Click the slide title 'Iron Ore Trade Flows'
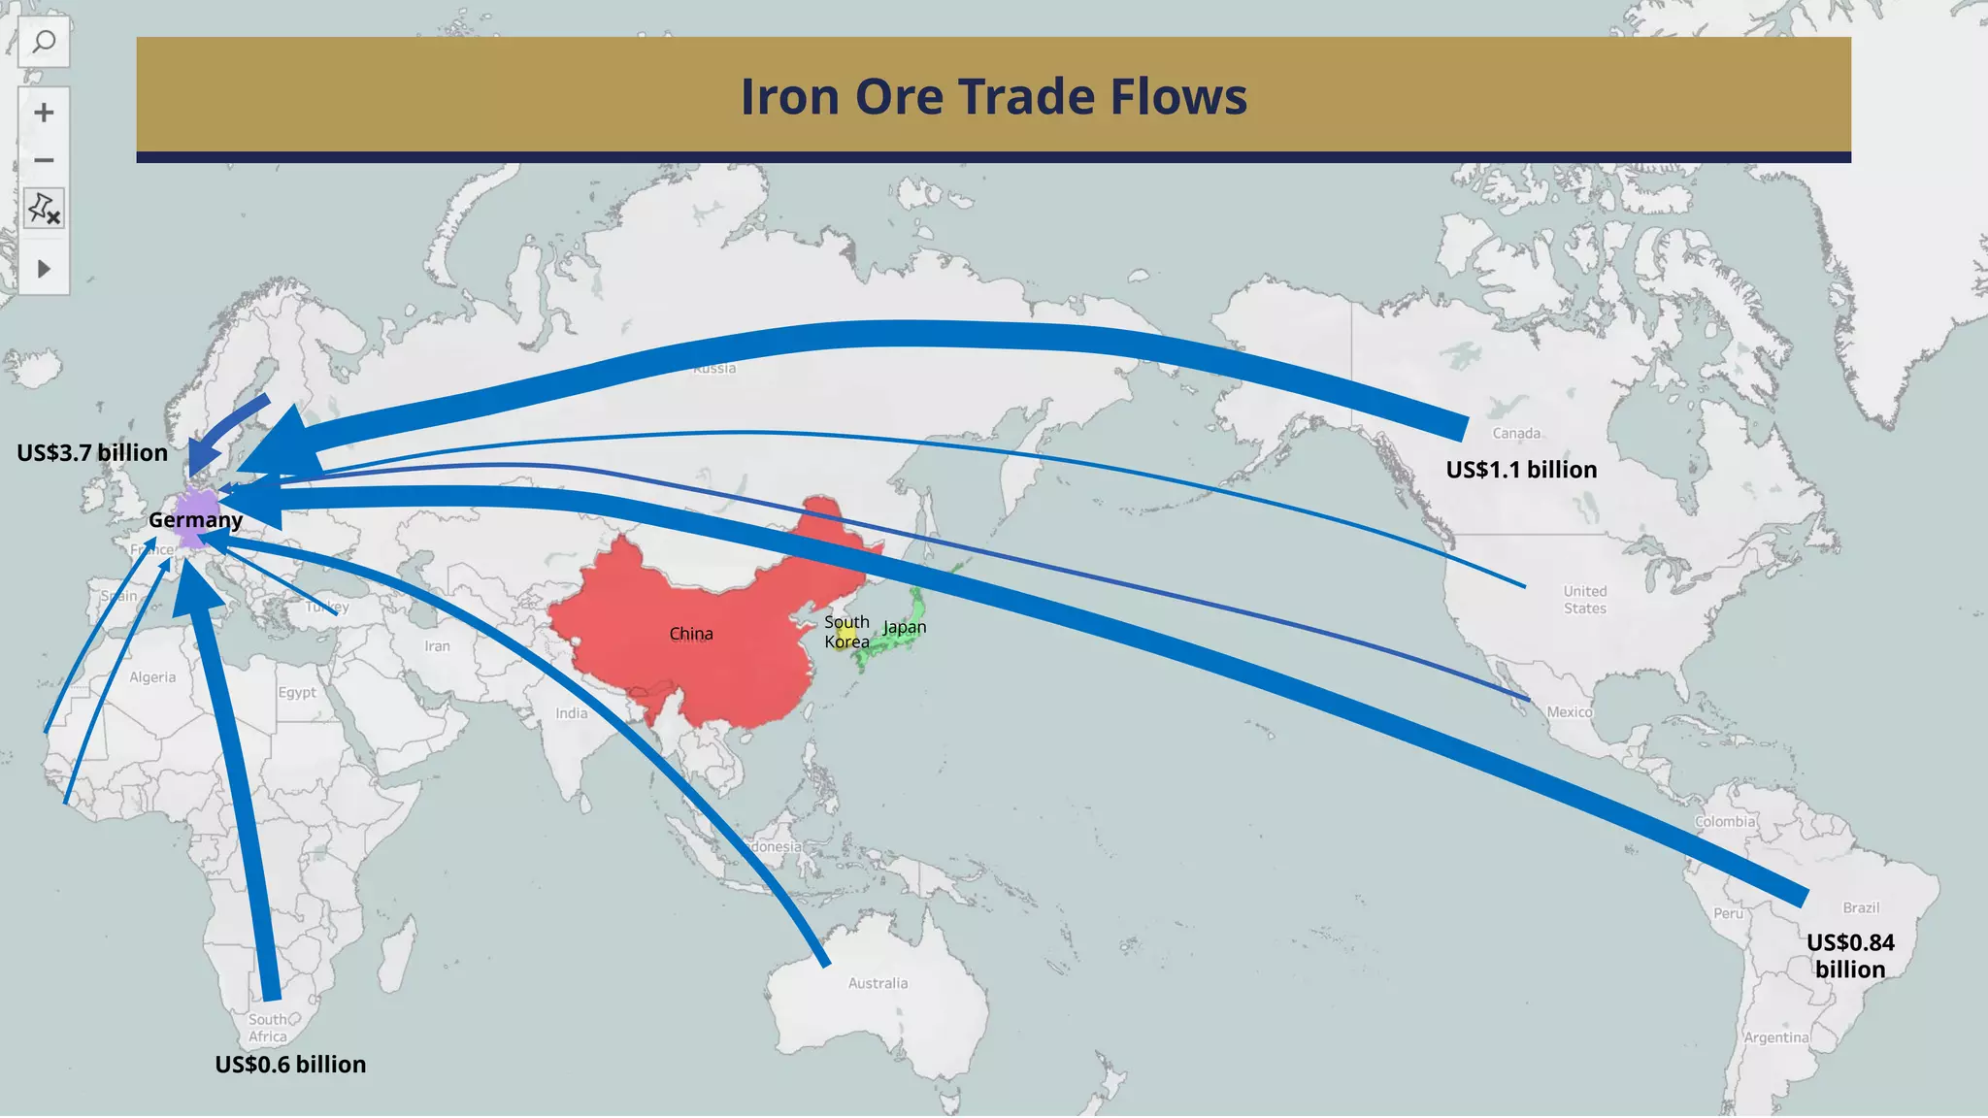coord(993,97)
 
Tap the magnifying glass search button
coord(44,43)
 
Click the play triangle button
coord(44,269)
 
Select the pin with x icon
coord(44,208)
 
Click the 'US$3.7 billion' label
coord(92,453)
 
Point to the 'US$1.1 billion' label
coord(1521,470)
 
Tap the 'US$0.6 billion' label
coord(290,1065)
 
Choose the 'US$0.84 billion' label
coord(1850,956)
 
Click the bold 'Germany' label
coord(195,520)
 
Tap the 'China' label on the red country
coord(691,634)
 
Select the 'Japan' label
coord(904,628)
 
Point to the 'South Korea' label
coord(846,632)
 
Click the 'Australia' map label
coord(878,983)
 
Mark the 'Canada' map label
coord(1516,433)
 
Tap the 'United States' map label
coord(1585,600)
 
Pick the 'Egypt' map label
coord(297,692)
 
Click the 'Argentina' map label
coord(1776,1037)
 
